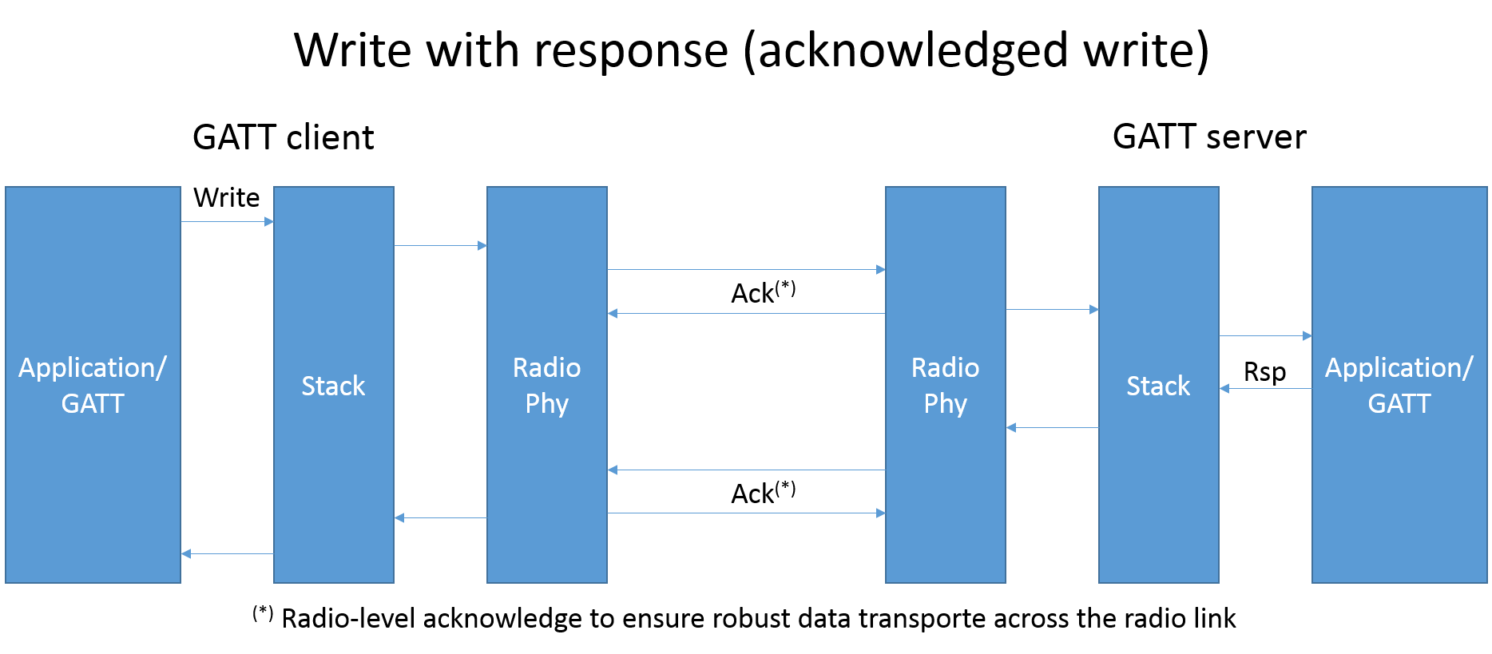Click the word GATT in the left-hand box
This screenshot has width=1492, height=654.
93,404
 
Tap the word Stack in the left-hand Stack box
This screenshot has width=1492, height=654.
333,386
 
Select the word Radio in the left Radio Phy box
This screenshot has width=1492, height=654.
546,368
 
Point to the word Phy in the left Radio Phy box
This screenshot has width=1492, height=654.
546,404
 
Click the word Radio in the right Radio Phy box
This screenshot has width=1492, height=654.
945,368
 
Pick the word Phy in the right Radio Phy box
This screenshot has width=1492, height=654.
945,404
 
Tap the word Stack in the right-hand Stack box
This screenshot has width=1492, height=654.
1158,386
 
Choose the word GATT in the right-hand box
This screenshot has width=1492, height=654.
1399,404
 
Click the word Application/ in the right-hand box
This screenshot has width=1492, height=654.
1399,368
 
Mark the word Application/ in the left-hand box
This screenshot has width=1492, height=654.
93,368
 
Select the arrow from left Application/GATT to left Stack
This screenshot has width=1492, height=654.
228,221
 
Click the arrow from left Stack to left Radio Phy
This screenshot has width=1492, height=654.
440,245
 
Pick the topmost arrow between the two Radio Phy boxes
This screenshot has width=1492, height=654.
746,269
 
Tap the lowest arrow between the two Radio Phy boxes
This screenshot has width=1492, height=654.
746,513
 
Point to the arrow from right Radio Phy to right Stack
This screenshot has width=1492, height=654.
1052,309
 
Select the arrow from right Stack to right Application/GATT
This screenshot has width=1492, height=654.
1265,335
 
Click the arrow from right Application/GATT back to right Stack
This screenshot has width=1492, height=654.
1265,388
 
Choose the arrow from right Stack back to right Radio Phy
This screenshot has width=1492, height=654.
1052,427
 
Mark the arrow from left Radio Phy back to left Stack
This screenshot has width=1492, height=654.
440,517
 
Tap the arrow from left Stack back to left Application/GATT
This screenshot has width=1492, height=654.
228,553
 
